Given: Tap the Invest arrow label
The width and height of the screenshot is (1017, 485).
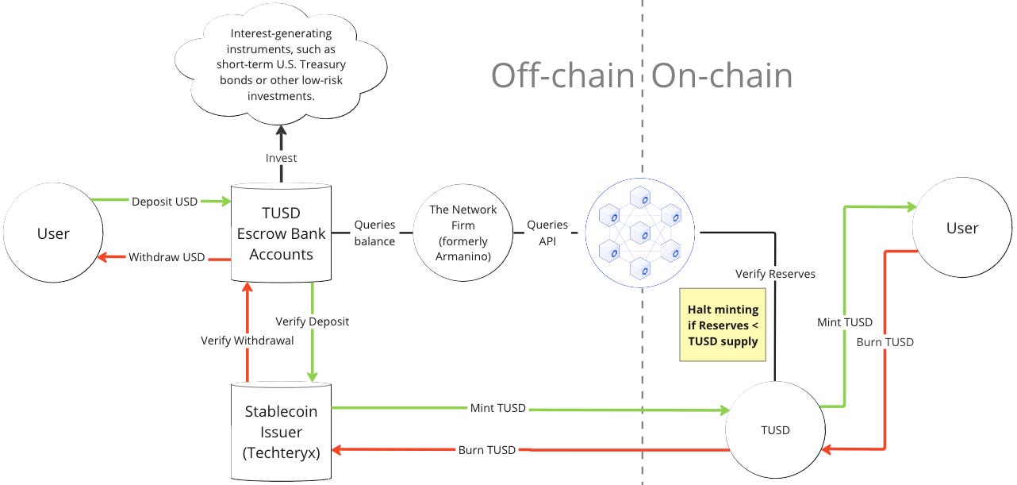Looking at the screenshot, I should (282, 158).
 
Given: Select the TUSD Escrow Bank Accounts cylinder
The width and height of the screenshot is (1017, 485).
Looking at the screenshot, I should (281, 233).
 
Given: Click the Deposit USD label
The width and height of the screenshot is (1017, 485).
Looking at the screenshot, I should (165, 201).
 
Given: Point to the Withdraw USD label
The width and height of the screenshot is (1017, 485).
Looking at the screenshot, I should (167, 257).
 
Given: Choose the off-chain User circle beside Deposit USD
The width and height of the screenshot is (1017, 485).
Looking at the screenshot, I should (54, 233).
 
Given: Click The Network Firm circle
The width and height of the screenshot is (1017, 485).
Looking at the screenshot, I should (462, 233).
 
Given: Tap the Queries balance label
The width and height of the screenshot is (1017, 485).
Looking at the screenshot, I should (374, 233).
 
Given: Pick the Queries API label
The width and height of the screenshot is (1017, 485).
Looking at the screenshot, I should (547, 233).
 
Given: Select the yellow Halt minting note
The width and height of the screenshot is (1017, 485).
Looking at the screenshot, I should (723, 325).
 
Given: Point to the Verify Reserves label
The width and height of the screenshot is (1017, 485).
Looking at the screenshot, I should (775, 274).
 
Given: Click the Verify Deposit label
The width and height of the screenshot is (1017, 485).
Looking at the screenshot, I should (312, 321).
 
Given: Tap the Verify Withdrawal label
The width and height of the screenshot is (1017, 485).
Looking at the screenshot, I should (247, 341).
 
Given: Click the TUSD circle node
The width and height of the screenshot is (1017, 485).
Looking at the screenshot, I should (775, 430).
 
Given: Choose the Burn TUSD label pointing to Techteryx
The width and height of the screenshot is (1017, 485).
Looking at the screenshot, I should (487, 450).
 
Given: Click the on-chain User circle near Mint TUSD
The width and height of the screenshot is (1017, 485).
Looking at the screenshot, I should (962, 229).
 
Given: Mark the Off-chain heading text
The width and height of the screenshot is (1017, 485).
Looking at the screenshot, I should (562, 76).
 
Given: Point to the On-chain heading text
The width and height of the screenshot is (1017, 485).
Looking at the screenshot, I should (722, 76).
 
